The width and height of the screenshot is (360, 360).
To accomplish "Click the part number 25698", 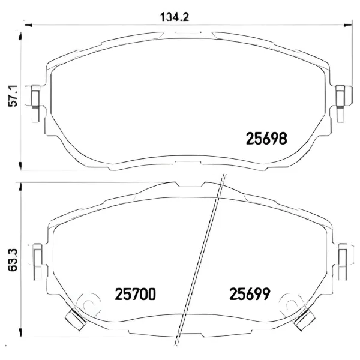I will (x=268, y=139).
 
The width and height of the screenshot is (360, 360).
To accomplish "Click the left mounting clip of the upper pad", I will (x=35, y=98).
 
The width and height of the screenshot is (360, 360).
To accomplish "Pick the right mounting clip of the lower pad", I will (x=343, y=256).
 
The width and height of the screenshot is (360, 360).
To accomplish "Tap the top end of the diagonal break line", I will (x=224, y=175).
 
